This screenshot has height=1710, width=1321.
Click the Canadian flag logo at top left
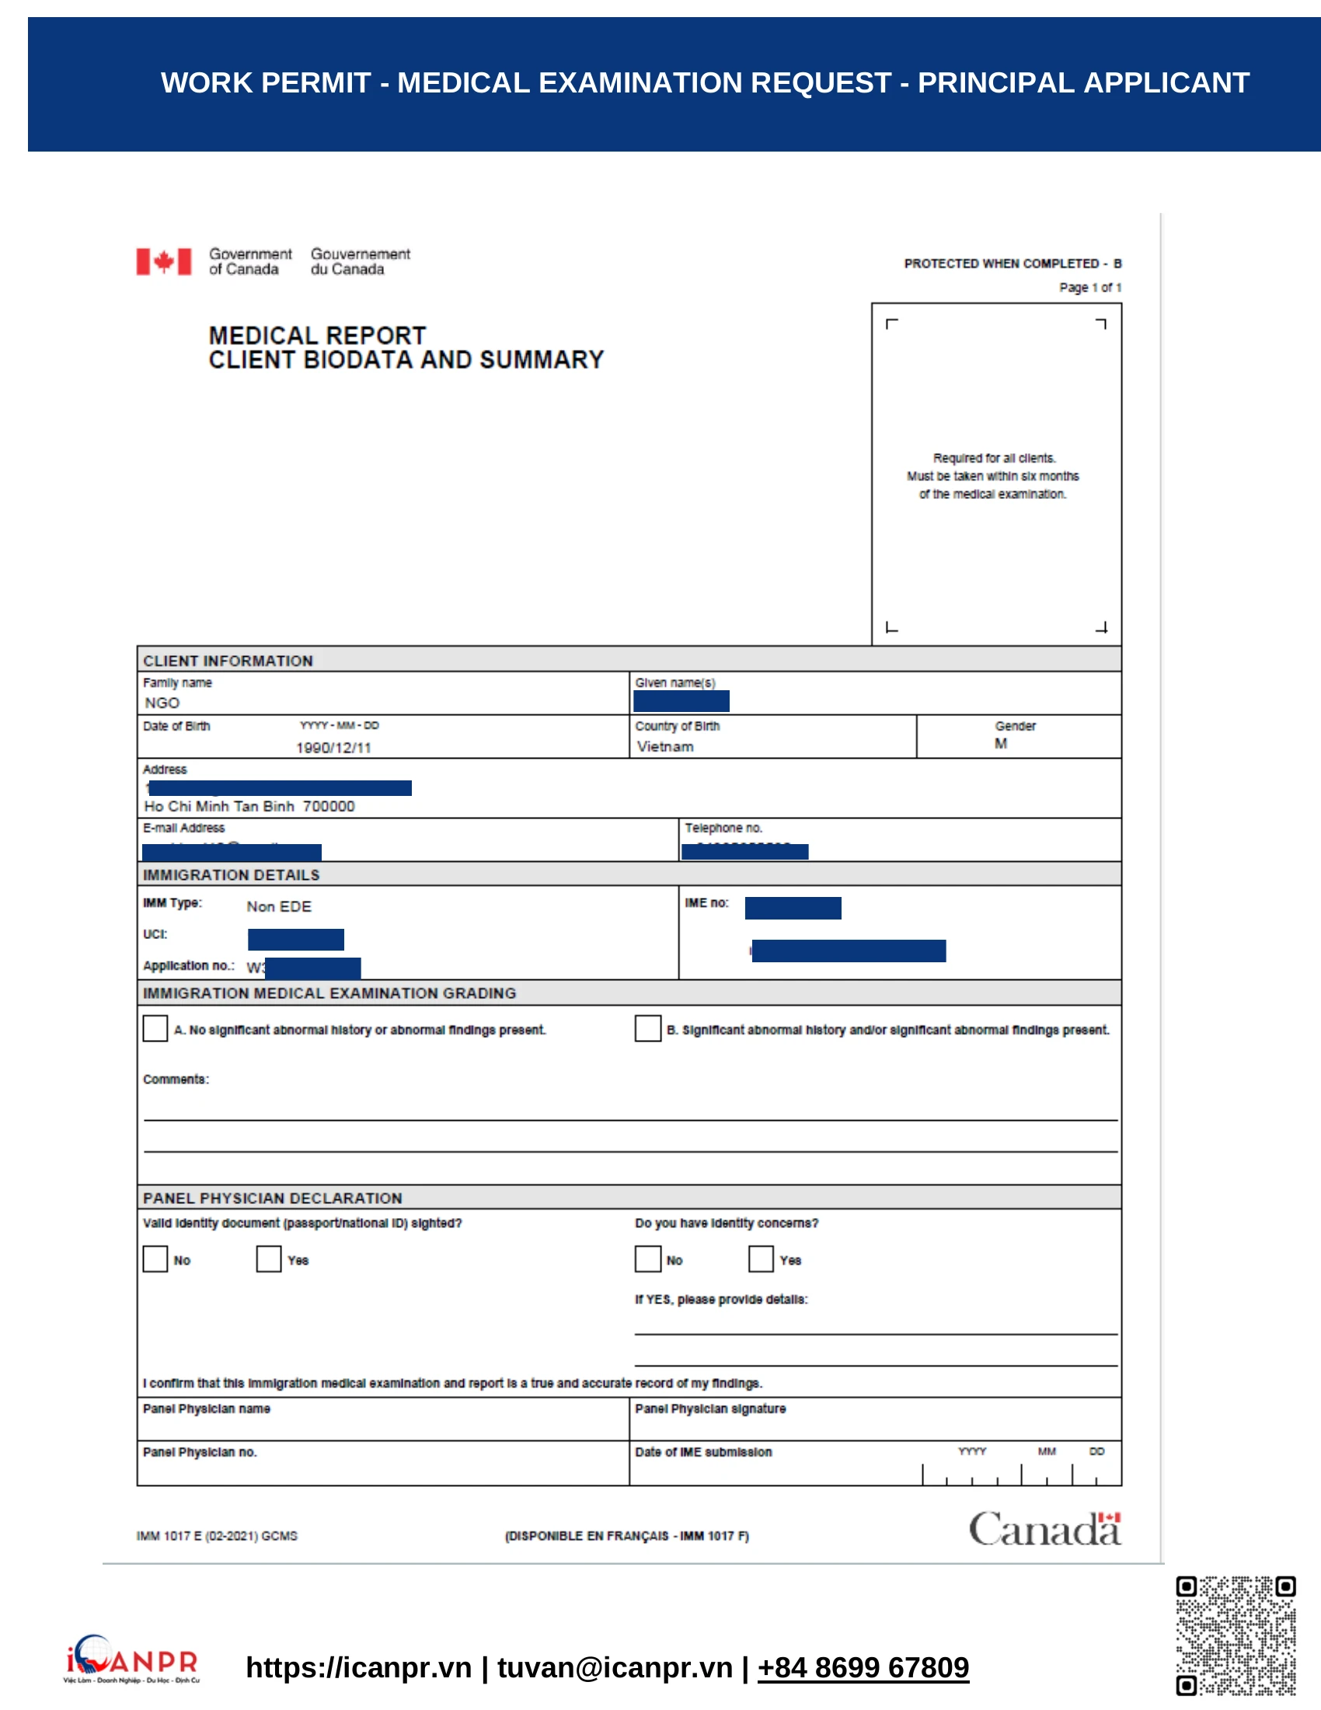163,261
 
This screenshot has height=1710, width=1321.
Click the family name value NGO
162,703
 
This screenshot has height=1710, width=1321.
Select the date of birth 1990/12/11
333,747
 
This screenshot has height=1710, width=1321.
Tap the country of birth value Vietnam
664,746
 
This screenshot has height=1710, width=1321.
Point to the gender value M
1000,743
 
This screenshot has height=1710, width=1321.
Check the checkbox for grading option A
155,1028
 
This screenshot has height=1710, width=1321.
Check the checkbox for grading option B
647,1028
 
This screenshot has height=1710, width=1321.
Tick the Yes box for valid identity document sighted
268,1258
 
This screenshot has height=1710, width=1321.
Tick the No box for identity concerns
647,1258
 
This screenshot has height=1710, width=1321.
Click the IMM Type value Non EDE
279,906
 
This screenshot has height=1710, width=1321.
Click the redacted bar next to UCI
296,939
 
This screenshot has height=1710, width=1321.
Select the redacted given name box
681,701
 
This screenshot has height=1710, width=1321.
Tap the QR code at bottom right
1235,1635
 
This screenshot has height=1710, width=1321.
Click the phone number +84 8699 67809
863,1667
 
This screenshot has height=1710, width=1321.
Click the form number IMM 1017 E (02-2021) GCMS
217,1535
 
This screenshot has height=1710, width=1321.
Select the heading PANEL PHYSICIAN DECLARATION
272,1198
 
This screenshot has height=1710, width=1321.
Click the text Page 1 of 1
1089,288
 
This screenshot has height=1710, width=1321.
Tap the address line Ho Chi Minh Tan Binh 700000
249,806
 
